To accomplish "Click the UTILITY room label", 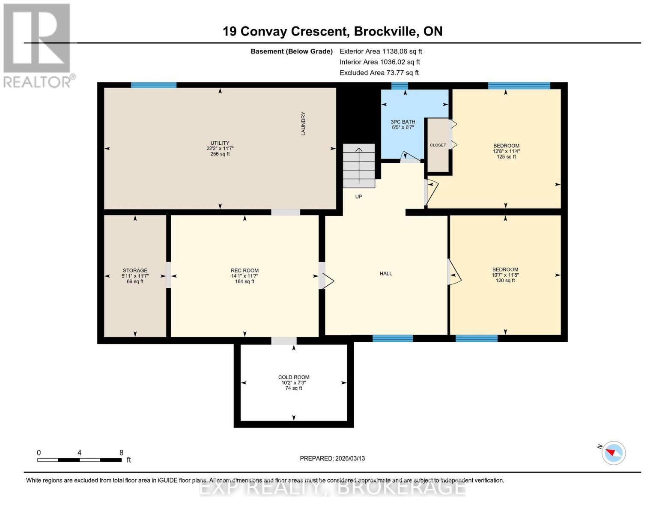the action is coord(220,143).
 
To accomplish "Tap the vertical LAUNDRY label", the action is coord(303,123).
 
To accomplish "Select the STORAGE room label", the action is coord(135,270).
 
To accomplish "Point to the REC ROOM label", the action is coord(245,270).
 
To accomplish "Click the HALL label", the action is coord(385,273).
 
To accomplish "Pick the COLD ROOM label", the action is coord(293,377).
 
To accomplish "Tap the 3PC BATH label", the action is coord(403,122).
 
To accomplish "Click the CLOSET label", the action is coord(438,145).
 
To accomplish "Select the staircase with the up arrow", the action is coord(359,166).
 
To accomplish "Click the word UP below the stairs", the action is coord(359,197).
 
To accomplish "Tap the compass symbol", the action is coord(613,453).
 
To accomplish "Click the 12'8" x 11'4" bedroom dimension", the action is coord(506,151).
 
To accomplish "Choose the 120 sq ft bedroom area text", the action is coord(505,281).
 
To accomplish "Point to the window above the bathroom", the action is coord(400,85).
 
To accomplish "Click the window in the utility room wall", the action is coord(154,85).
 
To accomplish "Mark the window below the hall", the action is coord(392,338).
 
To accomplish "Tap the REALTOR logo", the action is coord(39,45).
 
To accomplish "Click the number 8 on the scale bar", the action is coord(122,452).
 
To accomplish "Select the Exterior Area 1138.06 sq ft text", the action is coord(381,51).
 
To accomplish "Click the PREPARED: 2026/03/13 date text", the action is coord(332,458).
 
